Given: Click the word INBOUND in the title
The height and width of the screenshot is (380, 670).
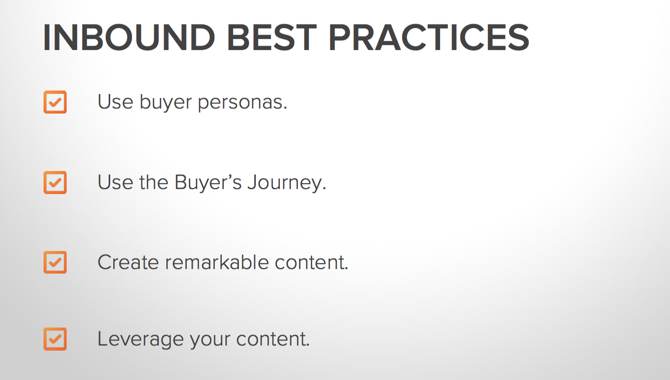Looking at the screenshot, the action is (129, 37).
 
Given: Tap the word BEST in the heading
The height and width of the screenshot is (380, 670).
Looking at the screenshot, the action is (271, 37).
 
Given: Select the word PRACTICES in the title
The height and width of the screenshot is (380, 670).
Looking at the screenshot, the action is (429, 37).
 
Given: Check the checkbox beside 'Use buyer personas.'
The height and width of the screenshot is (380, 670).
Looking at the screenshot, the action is (55, 102).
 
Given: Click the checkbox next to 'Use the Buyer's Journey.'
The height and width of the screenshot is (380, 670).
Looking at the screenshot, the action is (55, 182).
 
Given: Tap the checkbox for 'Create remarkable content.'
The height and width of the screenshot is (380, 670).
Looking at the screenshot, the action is (55, 262).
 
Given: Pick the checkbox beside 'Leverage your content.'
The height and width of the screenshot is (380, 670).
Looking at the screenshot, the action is (55, 339).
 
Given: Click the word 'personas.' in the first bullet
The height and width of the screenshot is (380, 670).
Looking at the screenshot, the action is (242, 103).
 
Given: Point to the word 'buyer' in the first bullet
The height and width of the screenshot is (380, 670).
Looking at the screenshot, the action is (166, 102).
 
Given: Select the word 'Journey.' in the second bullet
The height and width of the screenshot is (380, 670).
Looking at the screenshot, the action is (287, 183).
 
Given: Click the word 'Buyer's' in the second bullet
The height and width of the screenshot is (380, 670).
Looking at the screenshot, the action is (208, 183).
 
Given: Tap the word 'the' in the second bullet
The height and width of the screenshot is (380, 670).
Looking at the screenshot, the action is (154, 182).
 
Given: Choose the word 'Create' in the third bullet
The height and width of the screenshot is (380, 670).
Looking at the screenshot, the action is (128, 262).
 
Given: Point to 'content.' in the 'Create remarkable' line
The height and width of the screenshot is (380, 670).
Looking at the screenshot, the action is (311, 262).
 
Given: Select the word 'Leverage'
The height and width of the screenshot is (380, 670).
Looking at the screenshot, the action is (141, 339).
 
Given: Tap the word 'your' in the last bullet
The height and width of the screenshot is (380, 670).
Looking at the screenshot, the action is (210, 340).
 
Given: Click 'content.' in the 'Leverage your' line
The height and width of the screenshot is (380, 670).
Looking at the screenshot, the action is (273, 339).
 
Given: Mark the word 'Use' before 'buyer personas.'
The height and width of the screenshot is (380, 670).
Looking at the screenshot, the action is (116, 102).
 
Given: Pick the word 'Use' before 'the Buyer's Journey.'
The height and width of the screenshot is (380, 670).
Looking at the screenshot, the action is (116, 182).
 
